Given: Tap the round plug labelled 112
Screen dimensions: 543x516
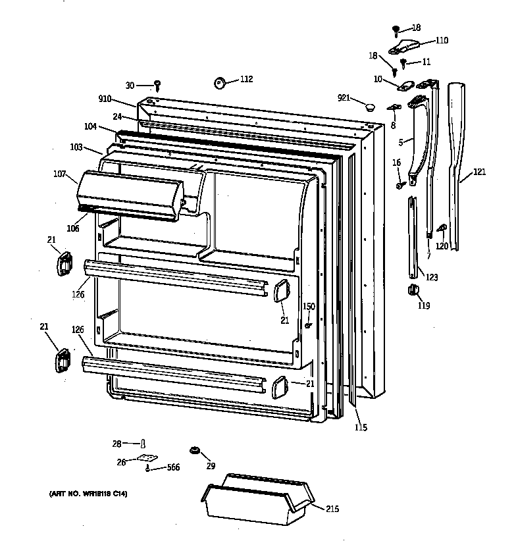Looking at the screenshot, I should click(220, 83).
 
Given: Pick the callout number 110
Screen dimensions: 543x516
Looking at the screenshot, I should click(441, 40).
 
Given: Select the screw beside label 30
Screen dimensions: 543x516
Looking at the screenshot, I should click(158, 84).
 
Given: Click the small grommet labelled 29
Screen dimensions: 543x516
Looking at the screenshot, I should click(194, 451).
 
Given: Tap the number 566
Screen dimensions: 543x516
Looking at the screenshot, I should click(172, 468).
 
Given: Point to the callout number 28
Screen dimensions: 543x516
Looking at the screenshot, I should click(117, 444).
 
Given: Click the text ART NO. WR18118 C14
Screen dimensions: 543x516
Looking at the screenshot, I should click(88, 494).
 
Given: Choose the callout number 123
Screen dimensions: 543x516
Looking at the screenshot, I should click(431, 277).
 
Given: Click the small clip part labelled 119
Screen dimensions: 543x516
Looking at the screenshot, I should click(413, 290).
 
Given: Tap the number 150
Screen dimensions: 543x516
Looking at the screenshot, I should click(309, 307).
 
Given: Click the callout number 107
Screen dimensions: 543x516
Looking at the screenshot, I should click(60, 174).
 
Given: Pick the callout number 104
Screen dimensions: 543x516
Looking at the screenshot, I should click(91, 126).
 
